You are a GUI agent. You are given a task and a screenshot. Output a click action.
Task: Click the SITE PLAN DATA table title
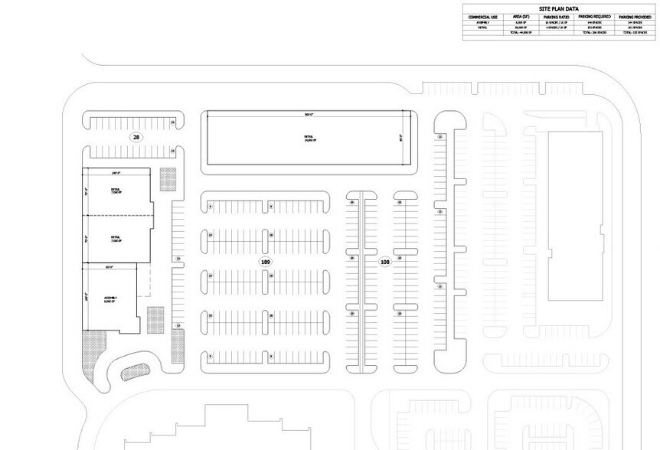click(560, 8)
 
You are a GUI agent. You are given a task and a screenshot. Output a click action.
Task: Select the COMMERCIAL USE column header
click(484, 15)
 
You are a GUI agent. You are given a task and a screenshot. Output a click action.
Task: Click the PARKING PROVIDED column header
click(635, 15)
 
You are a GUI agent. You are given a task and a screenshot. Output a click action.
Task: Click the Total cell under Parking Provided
click(635, 33)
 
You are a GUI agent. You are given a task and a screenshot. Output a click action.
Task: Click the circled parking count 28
click(136, 137)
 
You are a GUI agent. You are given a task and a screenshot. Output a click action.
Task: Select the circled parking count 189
click(266, 262)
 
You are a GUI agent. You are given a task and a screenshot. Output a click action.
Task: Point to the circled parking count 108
click(385, 262)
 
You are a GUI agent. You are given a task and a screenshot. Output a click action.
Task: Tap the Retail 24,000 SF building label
click(308, 138)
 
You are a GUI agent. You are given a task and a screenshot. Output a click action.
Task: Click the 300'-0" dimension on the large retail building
click(308, 114)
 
